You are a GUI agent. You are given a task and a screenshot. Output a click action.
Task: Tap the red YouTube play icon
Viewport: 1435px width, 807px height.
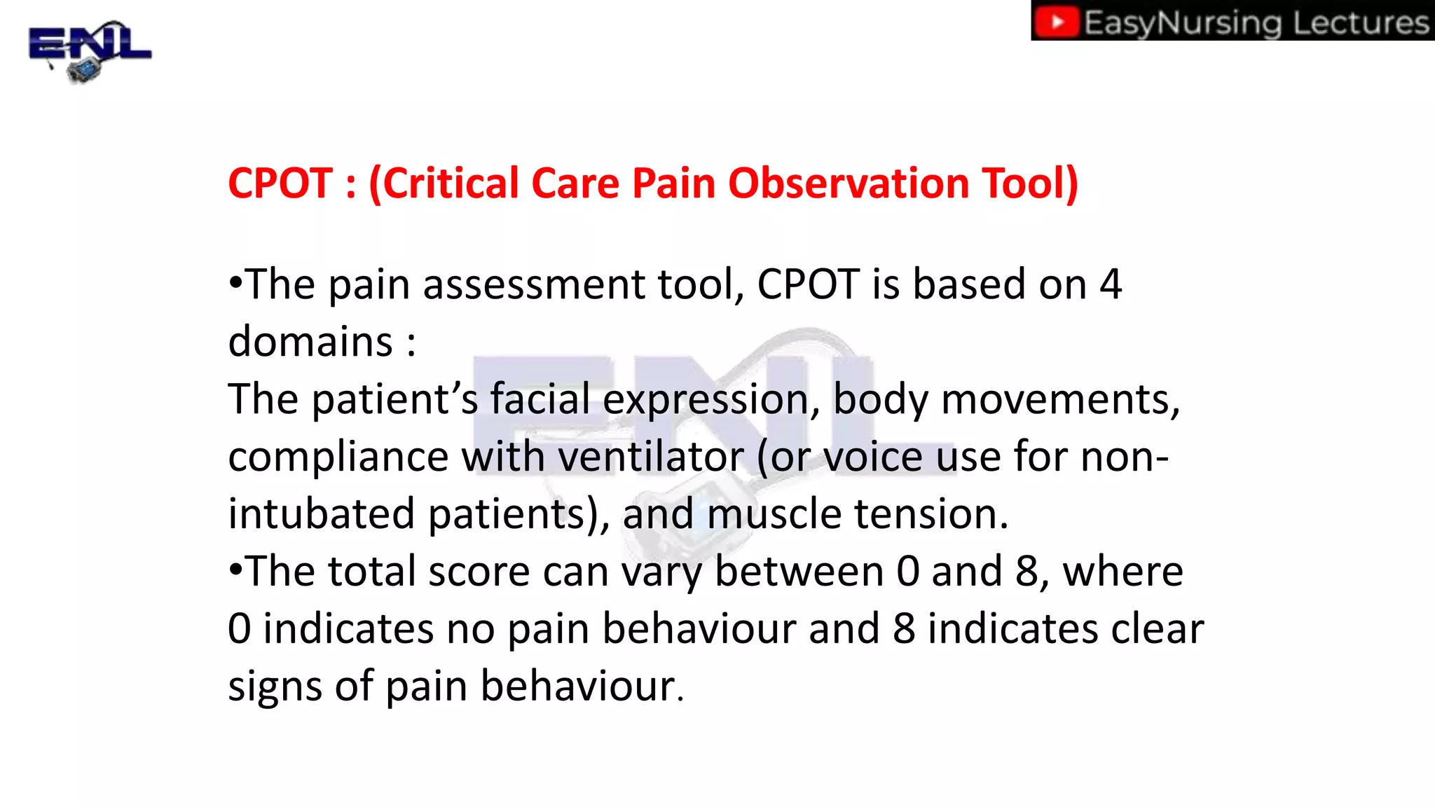point(1057,22)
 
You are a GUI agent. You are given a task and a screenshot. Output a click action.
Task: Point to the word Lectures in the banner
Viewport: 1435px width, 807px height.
point(1361,22)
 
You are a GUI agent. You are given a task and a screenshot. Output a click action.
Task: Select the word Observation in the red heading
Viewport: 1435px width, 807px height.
point(849,184)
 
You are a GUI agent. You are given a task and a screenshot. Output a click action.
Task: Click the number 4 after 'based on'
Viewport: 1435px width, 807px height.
point(1111,285)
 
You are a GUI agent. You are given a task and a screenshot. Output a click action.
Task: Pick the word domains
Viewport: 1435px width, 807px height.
point(310,343)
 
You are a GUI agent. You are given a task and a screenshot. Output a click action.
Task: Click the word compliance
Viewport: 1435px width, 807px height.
point(338,457)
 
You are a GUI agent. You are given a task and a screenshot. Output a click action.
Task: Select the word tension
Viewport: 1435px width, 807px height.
point(931,514)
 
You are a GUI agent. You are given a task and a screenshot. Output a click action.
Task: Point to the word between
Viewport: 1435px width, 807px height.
point(799,572)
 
